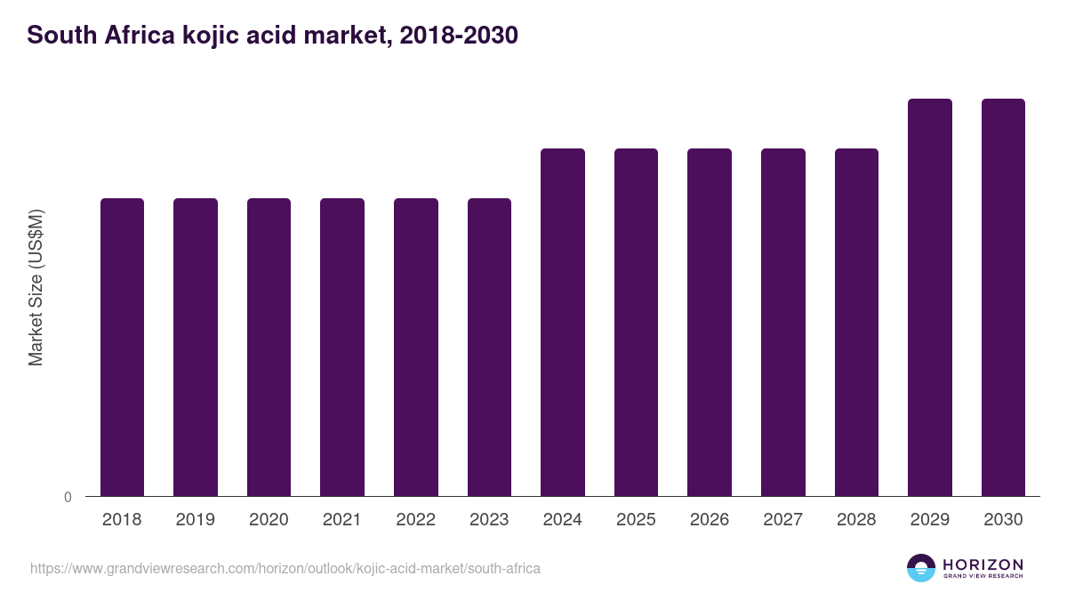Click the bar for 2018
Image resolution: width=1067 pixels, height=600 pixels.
point(122,347)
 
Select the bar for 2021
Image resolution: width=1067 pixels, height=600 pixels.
point(342,347)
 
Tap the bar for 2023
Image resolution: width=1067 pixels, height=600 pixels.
point(489,347)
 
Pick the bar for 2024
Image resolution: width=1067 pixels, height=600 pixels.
point(563,322)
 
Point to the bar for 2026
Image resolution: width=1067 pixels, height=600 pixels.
point(710,322)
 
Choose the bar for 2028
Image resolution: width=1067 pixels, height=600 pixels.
point(856,322)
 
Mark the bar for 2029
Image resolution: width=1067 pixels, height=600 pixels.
point(930,297)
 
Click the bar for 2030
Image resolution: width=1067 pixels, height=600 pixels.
point(1003,297)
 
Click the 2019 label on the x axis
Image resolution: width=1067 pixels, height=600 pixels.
point(195,520)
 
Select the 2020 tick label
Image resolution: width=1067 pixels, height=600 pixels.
point(269,520)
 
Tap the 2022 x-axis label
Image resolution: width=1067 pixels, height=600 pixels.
point(415,520)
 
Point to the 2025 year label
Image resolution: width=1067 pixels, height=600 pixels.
point(636,520)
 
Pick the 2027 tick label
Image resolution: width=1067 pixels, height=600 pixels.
point(782,520)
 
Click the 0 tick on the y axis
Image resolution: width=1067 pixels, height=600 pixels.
point(68,497)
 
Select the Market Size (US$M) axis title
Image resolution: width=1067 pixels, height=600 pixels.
point(36,287)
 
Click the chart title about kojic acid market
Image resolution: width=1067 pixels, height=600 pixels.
point(272,36)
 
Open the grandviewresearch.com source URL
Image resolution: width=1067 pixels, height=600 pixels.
point(285,568)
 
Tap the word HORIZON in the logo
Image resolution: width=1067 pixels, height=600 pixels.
point(983,564)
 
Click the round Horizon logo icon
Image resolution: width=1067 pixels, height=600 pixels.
point(921,568)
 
